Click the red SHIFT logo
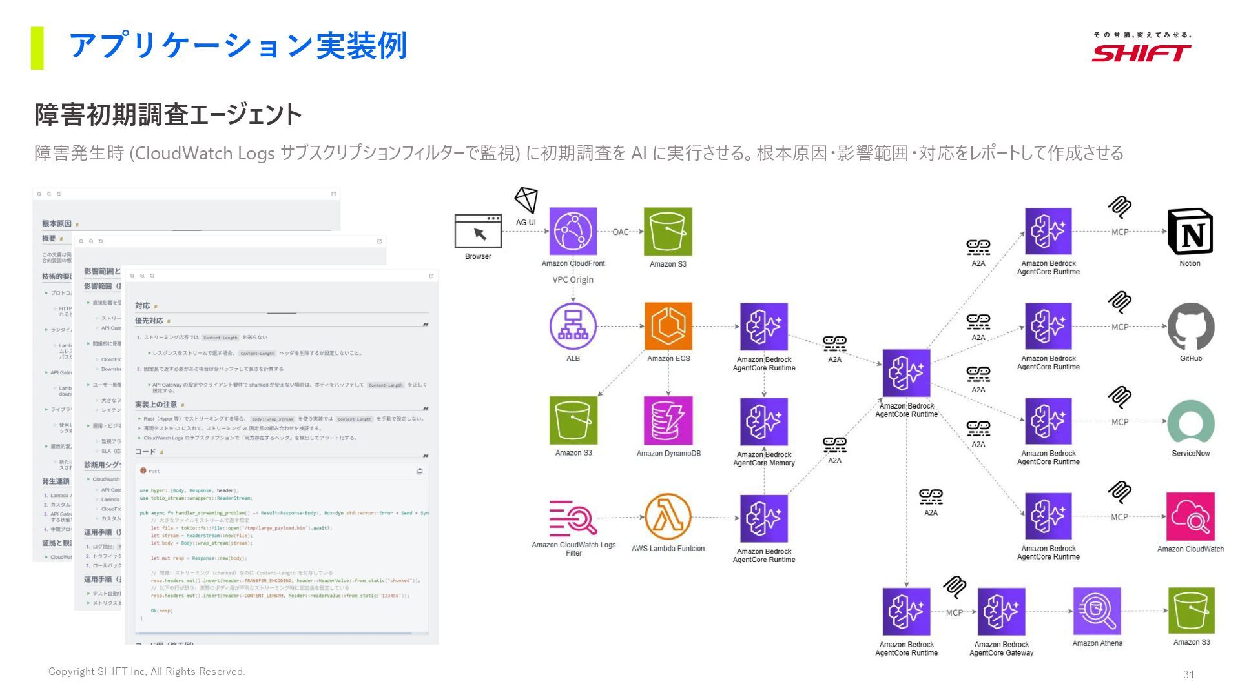coord(1141,52)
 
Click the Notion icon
coord(1190,231)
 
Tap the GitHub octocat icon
coord(1190,326)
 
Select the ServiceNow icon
coord(1190,422)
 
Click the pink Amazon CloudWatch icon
coord(1190,516)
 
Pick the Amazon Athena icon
coord(1097,611)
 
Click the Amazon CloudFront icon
coord(573,231)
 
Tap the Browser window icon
coord(478,231)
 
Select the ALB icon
coord(573,326)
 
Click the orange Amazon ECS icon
coord(668,326)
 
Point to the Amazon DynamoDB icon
coord(668,421)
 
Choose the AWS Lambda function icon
coord(668,516)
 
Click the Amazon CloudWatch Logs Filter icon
coord(573,518)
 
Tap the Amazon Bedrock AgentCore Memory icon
coord(764,421)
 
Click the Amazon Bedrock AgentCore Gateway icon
coord(1001,611)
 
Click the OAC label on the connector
coord(621,232)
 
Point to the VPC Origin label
coord(573,279)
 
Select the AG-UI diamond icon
coord(526,200)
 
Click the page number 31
coord(1188,674)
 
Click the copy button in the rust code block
coord(420,471)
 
